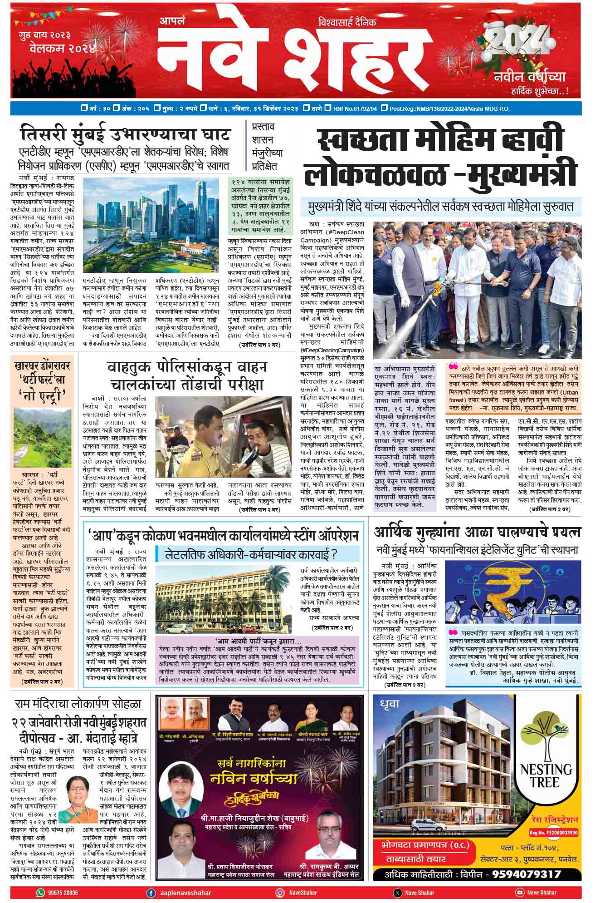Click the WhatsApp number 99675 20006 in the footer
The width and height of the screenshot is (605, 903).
63,892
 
